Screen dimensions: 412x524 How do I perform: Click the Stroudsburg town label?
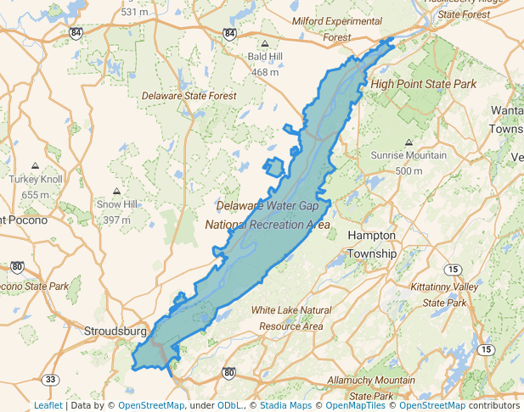click(116, 331)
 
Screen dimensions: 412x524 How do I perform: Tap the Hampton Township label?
click(372, 244)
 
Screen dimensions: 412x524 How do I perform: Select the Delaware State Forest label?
click(189, 96)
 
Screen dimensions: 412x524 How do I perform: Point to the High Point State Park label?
click(423, 84)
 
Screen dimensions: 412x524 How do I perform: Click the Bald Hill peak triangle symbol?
click(265, 44)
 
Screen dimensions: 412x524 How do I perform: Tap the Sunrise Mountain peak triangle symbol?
click(408, 142)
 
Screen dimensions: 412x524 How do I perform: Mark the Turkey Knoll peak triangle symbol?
click(36, 166)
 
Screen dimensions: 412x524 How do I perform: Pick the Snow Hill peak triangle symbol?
click(116, 192)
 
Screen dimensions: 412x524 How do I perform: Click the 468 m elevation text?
click(265, 72)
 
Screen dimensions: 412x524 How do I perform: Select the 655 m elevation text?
click(36, 194)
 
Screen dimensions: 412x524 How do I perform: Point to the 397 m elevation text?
click(116, 220)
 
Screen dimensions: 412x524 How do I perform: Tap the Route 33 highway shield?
click(51, 379)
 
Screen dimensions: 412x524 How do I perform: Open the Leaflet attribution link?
click(48, 405)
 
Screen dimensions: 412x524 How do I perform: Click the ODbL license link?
click(229, 405)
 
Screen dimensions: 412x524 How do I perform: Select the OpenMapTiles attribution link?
click(358, 405)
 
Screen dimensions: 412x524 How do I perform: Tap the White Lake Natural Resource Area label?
click(291, 318)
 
